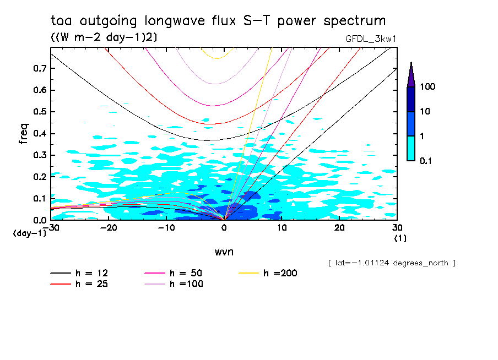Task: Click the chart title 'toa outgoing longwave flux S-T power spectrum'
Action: point(218,21)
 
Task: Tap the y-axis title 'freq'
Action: point(23,134)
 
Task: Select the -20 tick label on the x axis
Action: point(109,228)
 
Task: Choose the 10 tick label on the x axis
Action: point(282,228)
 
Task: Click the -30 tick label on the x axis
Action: point(51,228)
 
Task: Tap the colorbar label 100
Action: point(427,87)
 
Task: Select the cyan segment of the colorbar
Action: point(411,148)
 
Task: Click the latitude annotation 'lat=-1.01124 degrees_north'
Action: point(392,263)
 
